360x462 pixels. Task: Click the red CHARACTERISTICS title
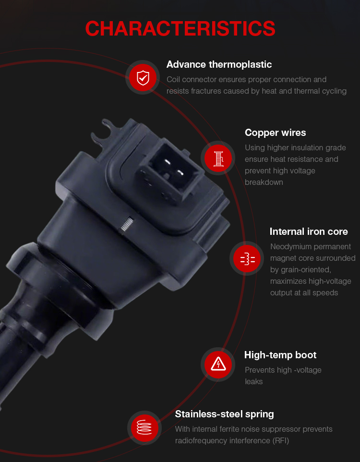[x=180, y=29]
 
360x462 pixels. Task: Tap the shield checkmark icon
[x=143, y=77]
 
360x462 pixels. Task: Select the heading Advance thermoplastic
[x=219, y=64]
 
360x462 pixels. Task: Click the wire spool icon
[x=218, y=158]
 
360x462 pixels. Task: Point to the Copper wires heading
[x=275, y=133]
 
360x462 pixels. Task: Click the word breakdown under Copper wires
[x=264, y=182]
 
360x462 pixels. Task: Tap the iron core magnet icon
[x=248, y=259]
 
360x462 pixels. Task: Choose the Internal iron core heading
[x=309, y=231]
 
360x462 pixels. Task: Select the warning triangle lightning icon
[x=218, y=364]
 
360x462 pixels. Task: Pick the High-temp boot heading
[x=280, y=355]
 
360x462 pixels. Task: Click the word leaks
[x=253, y=382]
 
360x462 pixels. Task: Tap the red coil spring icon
[x=144, y=427]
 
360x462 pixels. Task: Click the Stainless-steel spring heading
[x=224, y=414]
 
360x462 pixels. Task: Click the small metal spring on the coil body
[x=127, y=224]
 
